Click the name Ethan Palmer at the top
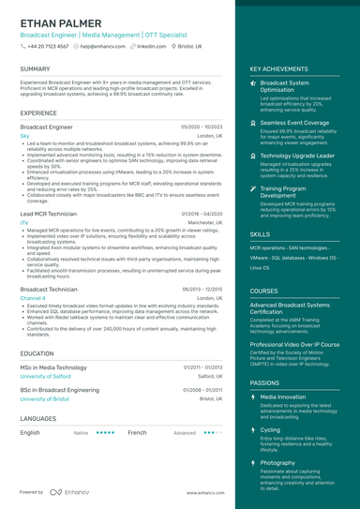[x=62, y=22]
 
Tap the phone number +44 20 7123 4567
[x=47, y=45]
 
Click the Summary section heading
[x=35, y=68]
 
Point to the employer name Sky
[x=24, y=136]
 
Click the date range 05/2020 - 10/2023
[x=202, y=126]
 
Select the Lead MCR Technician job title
[x=48, y=214]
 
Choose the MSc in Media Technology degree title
[x=53, y=367]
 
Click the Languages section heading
[x=37, y=418]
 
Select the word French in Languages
[x=137, y=433]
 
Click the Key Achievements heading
[x=278, y=68]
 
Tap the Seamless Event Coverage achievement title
[x=294, y=123]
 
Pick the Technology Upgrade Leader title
[x=297, y=156]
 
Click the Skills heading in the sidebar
[x=260, y=234]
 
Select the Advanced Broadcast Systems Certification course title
[x=290, y=308]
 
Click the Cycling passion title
[x=270, y=429]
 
